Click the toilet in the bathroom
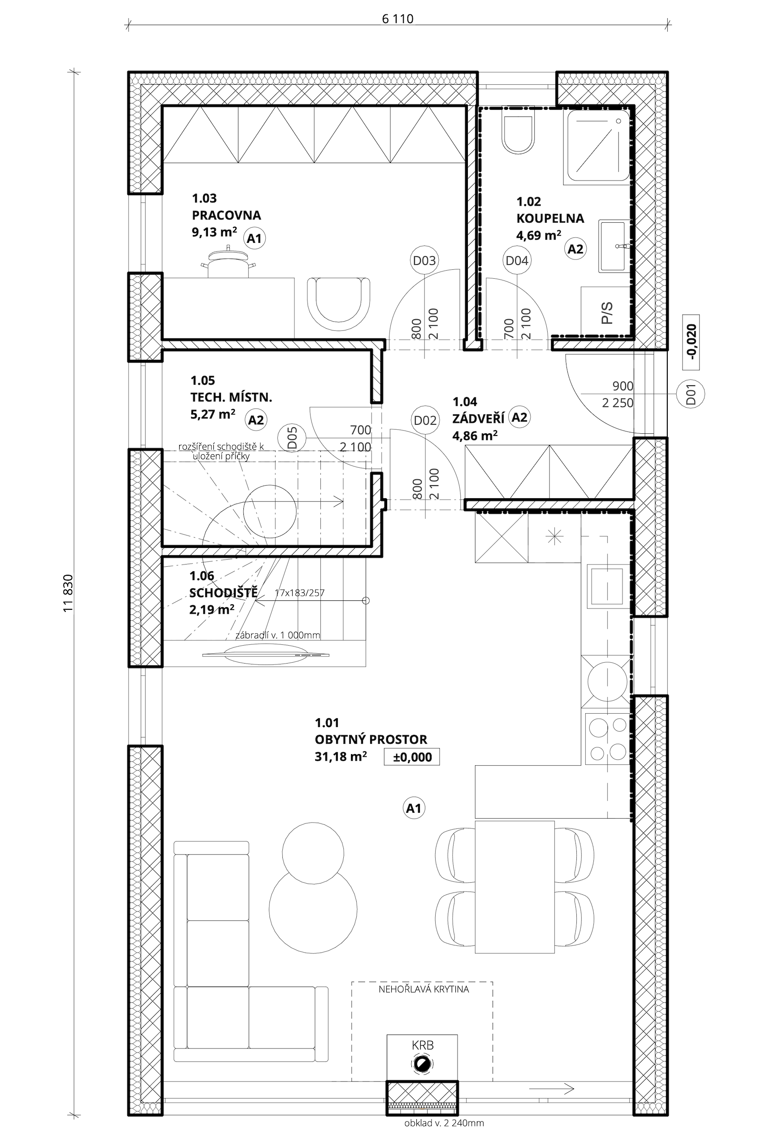[518, 133]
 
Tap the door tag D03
[424, 260]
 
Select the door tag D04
[517, 260]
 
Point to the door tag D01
[690, 394]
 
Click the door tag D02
[424, 420]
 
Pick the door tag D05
[292, 438]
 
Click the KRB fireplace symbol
[422, 1077]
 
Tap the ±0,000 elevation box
[412, 756]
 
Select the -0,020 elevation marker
[692, 342]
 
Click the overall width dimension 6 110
[398, 18]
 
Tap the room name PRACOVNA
[226, 215]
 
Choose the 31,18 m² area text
[341, 756]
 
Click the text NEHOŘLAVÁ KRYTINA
[424, 989]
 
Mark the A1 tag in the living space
[414, 809]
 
